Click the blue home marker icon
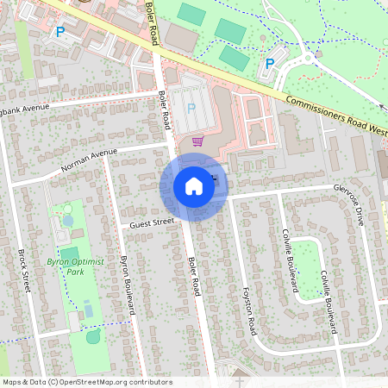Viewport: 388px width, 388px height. click(194, 186)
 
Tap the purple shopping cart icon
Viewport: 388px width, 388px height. click(197, 141)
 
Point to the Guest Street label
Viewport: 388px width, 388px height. click(152, 222)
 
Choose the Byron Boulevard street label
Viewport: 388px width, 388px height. click(129, 285)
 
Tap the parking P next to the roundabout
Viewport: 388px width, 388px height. click(270, 63)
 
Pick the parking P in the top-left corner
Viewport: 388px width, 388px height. click(59, 32)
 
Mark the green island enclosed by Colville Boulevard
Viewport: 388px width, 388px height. click(308, 266)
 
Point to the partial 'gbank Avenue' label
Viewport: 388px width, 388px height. click(26, 110)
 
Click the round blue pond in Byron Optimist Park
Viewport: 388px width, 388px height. click(68, 219)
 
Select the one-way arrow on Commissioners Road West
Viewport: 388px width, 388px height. click(382, 105)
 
